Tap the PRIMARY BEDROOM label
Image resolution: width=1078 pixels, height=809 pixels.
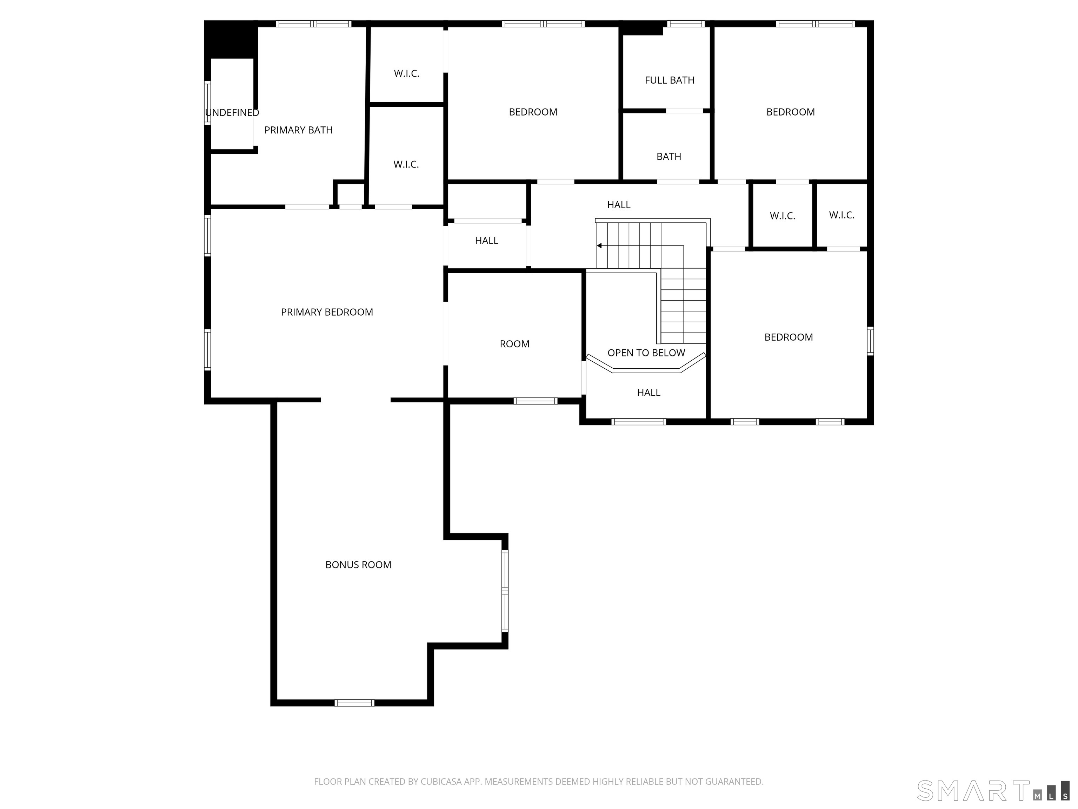(x=327, y=312)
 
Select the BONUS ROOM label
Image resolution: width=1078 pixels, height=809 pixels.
(x=358, y=565)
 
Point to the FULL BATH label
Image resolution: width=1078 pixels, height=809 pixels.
(x=670, y=80)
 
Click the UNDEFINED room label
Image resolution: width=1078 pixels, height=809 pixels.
(x=232, y=113)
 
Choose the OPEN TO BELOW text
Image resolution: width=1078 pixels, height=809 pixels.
(x=646, y=353)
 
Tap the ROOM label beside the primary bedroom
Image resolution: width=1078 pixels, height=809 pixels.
(x=515, y=344)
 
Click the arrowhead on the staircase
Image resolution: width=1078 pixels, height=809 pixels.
(x=599, y=246)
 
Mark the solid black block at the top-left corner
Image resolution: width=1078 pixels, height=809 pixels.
(x=231, y=39)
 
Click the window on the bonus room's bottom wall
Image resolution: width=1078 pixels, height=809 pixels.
(x=354, y=703)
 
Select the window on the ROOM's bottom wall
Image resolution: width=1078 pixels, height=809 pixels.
(x=535, y=401)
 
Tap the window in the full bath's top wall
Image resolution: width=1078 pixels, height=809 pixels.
(x=686, y=24)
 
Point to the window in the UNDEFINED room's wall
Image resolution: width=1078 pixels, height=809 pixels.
(x=207, y=103)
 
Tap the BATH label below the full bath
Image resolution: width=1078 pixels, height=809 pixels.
(x=668, y=157)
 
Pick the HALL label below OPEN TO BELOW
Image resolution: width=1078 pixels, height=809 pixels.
(x=648, y=393)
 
